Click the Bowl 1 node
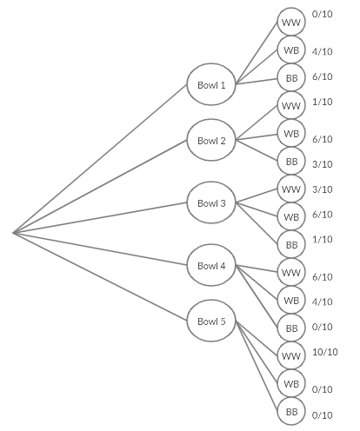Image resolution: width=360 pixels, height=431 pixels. coord(211,85)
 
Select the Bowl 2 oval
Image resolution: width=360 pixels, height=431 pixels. coord(211,141)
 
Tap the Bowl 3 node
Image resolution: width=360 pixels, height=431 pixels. coord(211,203)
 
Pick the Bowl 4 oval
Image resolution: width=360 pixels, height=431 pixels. coord(211,266)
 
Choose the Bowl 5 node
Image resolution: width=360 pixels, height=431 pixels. coord(211,322)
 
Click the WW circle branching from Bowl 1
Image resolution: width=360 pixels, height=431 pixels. coord(291,21)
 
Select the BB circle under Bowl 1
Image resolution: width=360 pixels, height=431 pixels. coord(291,76)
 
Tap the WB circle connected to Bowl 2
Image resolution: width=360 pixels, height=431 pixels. coord(291,133)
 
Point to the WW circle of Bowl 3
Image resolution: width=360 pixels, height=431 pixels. coord(291,189)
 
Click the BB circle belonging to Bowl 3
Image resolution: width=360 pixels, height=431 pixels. coord(291,244)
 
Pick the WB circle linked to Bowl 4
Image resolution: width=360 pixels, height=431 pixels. coord(291,300)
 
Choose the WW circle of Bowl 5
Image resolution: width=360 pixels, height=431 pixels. coord(291,355)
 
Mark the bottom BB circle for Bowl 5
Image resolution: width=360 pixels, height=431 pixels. coord(291,411)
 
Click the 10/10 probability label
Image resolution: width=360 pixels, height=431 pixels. coord(324,352)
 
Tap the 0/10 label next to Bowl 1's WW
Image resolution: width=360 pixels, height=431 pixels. coord(322,15)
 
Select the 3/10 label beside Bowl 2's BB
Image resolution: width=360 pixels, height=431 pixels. coord(322,164)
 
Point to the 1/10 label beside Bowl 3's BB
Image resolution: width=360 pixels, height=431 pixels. coord(322,239)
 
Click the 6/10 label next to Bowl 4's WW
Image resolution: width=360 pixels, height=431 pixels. coord(322,277)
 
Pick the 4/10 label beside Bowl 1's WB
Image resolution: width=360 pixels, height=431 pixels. coord(322,51)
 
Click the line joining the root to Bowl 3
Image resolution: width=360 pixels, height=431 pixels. coord(100,218)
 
